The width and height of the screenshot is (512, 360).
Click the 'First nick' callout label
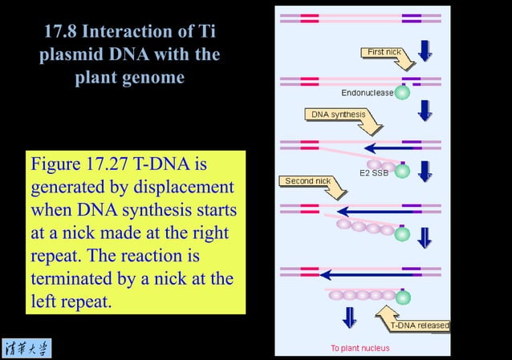pos(384,52)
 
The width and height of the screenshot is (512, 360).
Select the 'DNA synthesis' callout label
pos(338,115)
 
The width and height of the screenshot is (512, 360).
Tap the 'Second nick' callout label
pos(308,181)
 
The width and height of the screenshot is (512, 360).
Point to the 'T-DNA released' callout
pos(419,326)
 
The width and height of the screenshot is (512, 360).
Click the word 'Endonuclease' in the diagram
pos(368,93)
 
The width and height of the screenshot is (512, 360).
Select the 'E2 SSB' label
pos(374,172)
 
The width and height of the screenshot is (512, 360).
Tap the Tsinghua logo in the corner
pos(26,348)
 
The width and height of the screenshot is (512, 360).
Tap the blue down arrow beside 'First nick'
pos(425,50)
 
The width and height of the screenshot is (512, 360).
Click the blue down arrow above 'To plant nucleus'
pos(349,318)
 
